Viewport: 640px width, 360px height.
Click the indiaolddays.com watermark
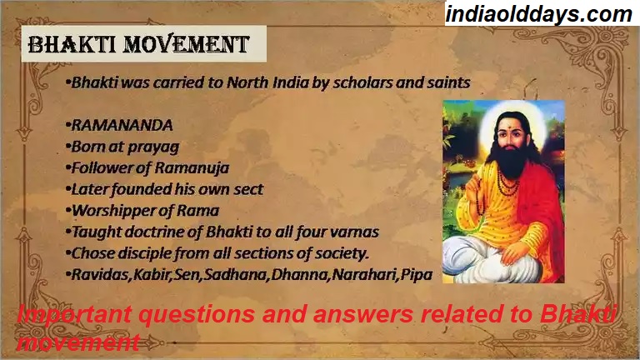(x=539, y=14)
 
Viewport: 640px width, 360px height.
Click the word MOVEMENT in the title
(x=187, y=44)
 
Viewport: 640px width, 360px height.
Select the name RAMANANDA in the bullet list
(x=122, y=125)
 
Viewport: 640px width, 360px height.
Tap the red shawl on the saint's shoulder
(x=545, y=204)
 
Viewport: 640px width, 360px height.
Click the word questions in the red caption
(x=197, y=315)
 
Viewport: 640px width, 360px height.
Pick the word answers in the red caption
(x=361, y=315)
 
